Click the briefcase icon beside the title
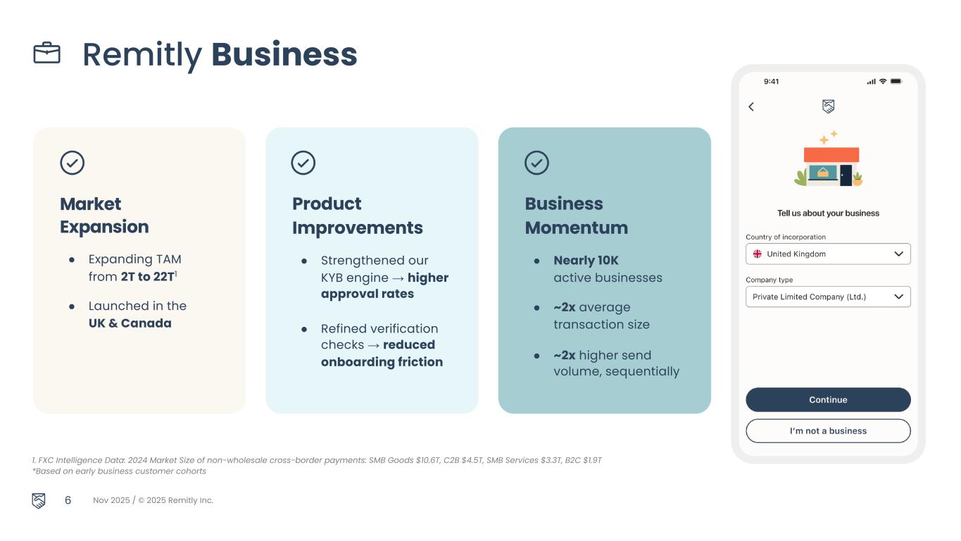[47, 54]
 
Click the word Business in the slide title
[284, 54]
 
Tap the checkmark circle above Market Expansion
[73, 163]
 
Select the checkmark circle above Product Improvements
[303, 163]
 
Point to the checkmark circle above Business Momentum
[536, 163]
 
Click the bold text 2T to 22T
[146, 277]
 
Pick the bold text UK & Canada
[130, 323]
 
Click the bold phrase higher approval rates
[384, 286]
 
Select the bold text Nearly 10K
[586, 261]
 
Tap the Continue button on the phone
[828, 399]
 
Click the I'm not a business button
[828, 431]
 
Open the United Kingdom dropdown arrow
[898, 254]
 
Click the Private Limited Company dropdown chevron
[898, 297]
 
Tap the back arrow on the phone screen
[751, 106]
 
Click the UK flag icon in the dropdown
[758, 254]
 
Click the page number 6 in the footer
[68, 500]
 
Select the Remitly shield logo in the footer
[39, 501]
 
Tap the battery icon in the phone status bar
[896, 82]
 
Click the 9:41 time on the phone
[772, 82]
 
